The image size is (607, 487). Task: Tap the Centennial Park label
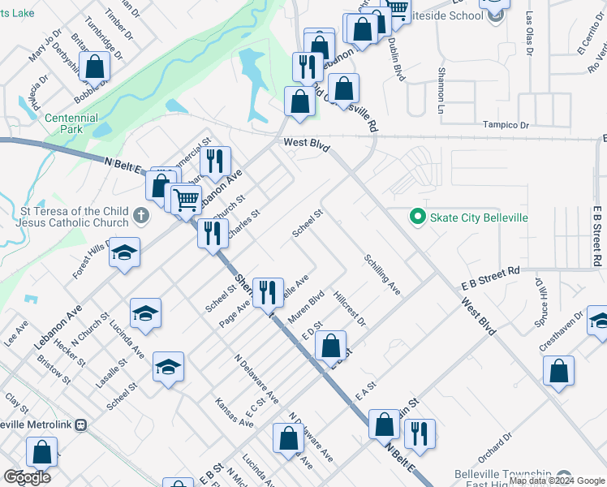(71, 123)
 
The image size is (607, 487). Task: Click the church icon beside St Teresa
(141, 217)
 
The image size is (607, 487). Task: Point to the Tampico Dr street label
(506, 126)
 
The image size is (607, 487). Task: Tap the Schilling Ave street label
(382, 275)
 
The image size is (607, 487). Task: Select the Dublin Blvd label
(396, 58)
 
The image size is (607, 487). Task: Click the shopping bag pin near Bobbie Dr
(95, 67)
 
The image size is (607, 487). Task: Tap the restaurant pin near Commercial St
(215, 160)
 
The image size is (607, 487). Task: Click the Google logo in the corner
(28, 477)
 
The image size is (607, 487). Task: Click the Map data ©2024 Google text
(557, 481)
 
